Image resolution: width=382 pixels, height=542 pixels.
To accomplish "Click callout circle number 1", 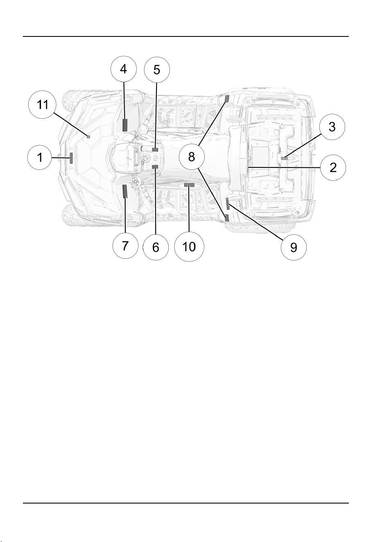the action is (40, 158).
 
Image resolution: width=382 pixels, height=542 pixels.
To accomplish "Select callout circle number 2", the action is (333, 167).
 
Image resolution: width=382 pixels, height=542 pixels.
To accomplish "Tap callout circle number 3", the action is (332, 127).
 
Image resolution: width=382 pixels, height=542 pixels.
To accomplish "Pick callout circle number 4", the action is (124, 69).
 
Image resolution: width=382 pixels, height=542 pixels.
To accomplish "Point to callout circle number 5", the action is (157, 70).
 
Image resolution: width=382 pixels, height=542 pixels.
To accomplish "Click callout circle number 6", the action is (156, 247).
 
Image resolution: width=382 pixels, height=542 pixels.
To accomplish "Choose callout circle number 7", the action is (125, 246).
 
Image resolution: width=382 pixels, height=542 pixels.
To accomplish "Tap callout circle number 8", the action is (192, 157).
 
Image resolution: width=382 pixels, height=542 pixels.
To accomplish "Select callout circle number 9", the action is (294, 247).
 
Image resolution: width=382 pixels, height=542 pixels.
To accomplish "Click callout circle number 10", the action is (189, 247).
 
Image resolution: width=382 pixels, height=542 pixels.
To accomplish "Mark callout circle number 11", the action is (42, 105).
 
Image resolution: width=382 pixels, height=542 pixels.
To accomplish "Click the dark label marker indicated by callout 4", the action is (125, 125).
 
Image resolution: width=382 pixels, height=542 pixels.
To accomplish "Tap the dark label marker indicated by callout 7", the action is (124, 191).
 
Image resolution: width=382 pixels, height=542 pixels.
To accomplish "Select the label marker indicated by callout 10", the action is (189, 185).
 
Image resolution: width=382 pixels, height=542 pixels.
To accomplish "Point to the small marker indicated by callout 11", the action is (88, 137).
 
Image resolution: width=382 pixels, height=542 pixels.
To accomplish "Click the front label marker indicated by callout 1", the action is (71, 158).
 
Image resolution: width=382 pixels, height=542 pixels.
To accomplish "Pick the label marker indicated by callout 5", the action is (155, 149).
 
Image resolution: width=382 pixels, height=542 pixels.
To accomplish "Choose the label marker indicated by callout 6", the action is (155, 167).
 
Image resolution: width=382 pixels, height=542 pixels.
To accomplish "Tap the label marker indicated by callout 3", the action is (285, 158).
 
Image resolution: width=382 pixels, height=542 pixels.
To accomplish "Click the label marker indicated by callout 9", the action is (228, 204).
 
